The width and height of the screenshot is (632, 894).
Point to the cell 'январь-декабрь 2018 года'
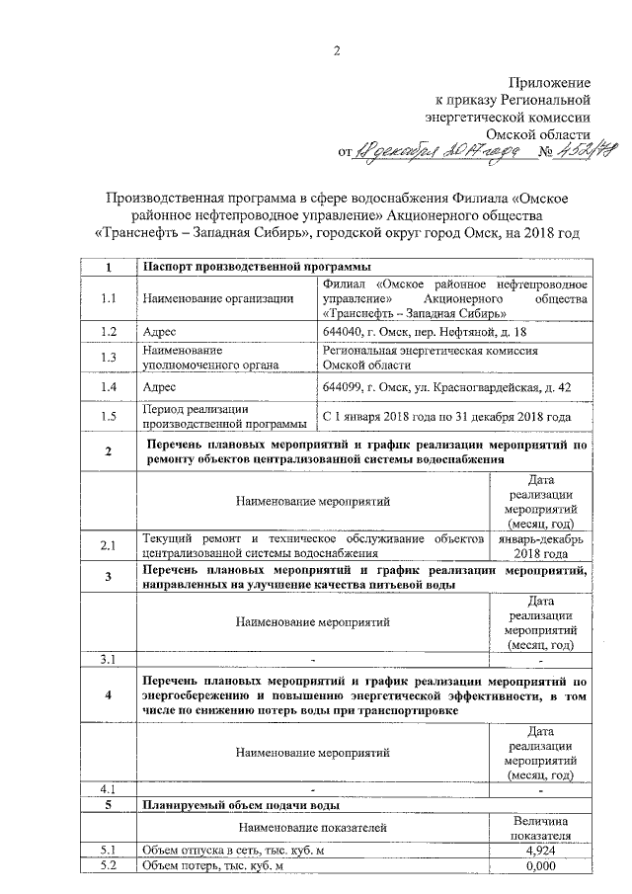coord(540,545)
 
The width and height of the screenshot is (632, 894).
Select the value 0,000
coord(540,866)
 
